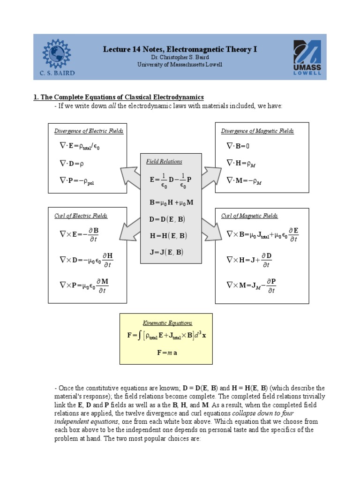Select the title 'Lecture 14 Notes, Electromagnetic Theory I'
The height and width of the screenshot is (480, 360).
point(180,49)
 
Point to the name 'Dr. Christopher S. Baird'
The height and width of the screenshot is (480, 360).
point(180,57)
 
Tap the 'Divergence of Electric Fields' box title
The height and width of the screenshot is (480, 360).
point(89,131)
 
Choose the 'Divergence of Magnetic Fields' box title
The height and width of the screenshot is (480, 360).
point(257,131)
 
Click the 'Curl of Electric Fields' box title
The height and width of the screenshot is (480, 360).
point(81,216)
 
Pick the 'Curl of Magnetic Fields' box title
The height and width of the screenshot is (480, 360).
point(249,216)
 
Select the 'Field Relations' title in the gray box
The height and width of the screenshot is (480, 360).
point(164,162)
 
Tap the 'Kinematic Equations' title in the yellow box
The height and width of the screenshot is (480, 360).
point(167,323)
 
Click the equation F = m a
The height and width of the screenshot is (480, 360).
point(167,353)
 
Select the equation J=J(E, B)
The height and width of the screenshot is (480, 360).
point(166,252)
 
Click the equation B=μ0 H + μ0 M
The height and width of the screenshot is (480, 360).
point(171,203)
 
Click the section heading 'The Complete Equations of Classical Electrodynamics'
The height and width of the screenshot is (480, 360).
point(119,97)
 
